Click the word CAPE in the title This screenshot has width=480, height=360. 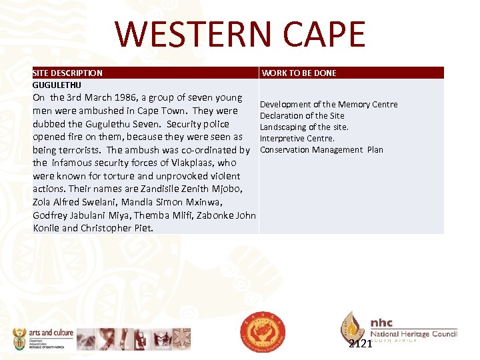coord(326,34)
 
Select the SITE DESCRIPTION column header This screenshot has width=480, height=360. coord(67,73)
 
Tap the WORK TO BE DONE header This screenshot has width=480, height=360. coord(299,73)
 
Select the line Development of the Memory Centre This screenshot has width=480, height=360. coord(328,104)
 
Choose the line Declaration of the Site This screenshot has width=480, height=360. coord(302,115)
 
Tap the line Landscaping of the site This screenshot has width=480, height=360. coord(304,127)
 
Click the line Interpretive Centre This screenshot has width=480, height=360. coord(297,138)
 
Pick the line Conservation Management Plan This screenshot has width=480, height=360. coord(321,149)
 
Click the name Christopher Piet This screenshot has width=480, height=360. coord(117,228)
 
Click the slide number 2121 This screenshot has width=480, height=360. coord(360,344)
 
